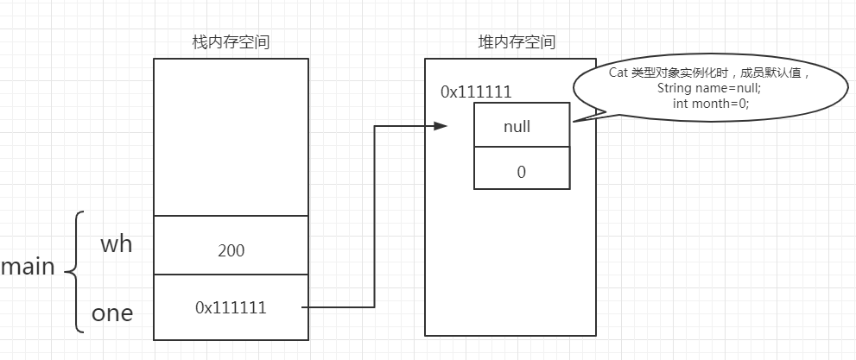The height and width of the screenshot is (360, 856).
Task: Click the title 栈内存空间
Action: pos(231,42)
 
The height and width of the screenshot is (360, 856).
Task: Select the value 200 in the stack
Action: pos(231,251)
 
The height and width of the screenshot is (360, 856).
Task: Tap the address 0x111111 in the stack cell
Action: pos(231,306)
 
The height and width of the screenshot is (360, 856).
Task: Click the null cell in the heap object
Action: pos(521,126)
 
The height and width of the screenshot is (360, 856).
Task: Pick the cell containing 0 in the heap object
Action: pos(521,171)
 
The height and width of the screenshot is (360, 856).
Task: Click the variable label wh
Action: pos(116,244)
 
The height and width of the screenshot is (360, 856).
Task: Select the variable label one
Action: pos(113,313)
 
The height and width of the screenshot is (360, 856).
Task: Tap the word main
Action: pos(28,268)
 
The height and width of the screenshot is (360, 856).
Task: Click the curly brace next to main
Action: pos(76,272)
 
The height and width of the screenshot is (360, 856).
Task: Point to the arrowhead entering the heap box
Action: pos(441,126)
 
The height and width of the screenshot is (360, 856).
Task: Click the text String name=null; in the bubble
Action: pos(702,88)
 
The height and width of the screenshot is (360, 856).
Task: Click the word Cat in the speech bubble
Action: pos(618,73)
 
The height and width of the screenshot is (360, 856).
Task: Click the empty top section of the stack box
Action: pos(231,136)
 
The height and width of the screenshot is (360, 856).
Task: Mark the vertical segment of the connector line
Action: pos(374,216)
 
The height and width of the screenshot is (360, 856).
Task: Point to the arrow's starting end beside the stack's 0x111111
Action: pos(304,306)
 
